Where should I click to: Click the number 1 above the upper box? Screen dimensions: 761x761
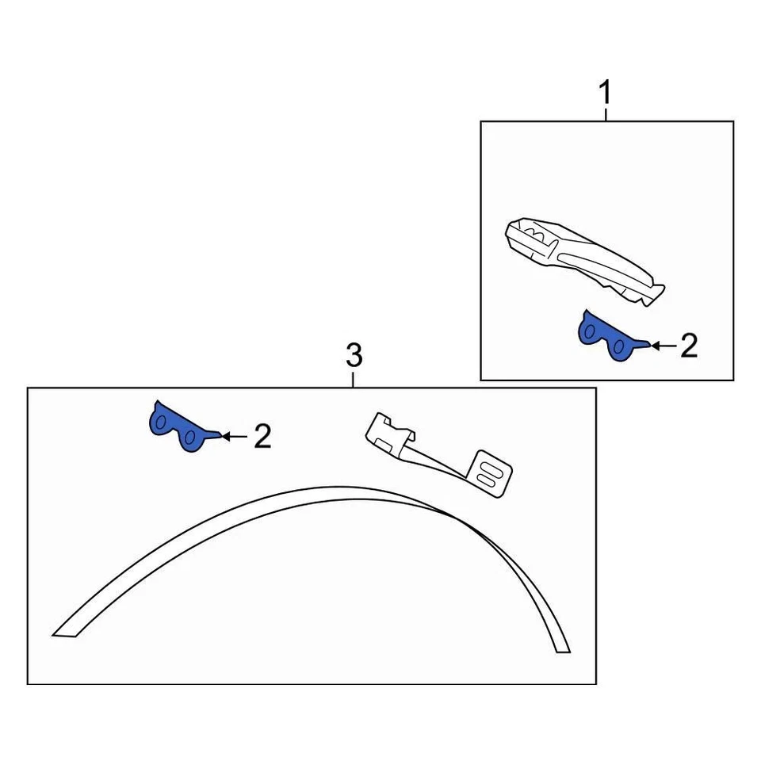tap(606, 94)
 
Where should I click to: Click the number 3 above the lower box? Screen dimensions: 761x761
tap(354, 356)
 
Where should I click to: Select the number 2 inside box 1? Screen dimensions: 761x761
tap(689, 346)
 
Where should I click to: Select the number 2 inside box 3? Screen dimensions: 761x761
tap(262, 436)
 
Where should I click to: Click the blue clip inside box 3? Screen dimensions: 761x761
tap(178, 428)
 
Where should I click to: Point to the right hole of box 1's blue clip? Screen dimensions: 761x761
tap(620, 347)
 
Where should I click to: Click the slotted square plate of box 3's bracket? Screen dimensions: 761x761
tap(491, 474)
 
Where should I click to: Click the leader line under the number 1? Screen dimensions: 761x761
tap(606, 114)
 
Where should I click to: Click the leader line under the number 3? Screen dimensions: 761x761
tap(354, 379)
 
